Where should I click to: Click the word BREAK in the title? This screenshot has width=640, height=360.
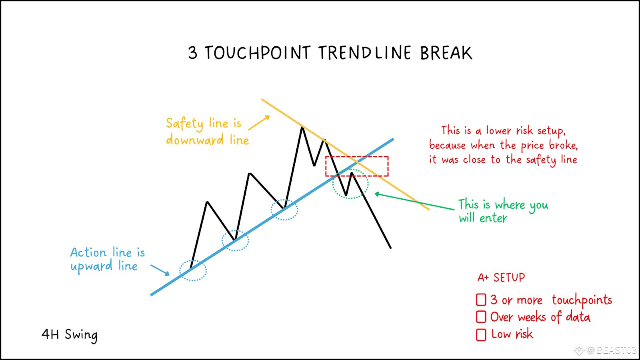446,53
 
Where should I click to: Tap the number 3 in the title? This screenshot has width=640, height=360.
192,53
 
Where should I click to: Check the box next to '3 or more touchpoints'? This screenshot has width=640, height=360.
481,300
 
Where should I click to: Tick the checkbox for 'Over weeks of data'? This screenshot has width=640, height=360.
481,317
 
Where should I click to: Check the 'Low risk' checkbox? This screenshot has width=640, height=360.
481,334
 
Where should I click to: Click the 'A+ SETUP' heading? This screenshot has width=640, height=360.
501,278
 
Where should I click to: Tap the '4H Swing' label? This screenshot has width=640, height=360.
70,334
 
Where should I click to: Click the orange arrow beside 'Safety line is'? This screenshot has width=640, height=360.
259,122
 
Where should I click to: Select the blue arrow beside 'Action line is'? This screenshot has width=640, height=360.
160,270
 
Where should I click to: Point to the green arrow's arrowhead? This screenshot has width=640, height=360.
377,194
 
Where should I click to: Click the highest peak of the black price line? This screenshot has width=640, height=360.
302,127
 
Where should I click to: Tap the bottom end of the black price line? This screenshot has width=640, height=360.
390,248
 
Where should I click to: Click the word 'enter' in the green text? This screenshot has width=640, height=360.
493,218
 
